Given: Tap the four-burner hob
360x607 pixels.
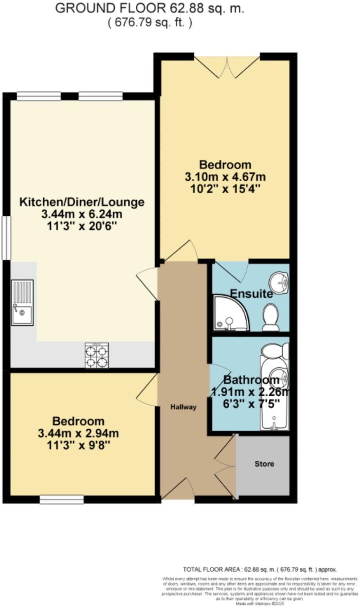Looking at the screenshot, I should pyautogui.click(x=97, y=355).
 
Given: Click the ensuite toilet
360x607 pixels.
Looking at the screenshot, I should pyautogui.click(x=270, y=318).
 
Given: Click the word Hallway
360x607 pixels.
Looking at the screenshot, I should pyautogui.click(x=183, y=407).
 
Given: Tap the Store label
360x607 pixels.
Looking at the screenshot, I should pyautogui.click(x=265, y=464).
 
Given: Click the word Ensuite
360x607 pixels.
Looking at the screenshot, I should pyautogui.click(x=251, y=294).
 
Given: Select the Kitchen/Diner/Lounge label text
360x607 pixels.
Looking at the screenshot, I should pyautogui.click(x=82, y=202).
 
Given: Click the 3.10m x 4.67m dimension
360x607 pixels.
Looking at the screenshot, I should pyautogui.click(x=225, y=176).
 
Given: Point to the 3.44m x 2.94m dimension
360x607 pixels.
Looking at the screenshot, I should pyautogui.click(x=79, y=433).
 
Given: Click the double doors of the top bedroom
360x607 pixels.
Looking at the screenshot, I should pyautogui.click(x=227, y=66).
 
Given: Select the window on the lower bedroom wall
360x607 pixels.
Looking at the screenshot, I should pyautogui.click(x=62, y=499).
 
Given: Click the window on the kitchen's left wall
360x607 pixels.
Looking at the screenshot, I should pyautogui.click(x=6, y=238).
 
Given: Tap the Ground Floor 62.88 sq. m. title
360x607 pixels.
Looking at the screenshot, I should pyautogui.click(x=150, y=9).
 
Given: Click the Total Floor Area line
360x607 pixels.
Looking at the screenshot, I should pyautogui.click(x=260, y=569).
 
